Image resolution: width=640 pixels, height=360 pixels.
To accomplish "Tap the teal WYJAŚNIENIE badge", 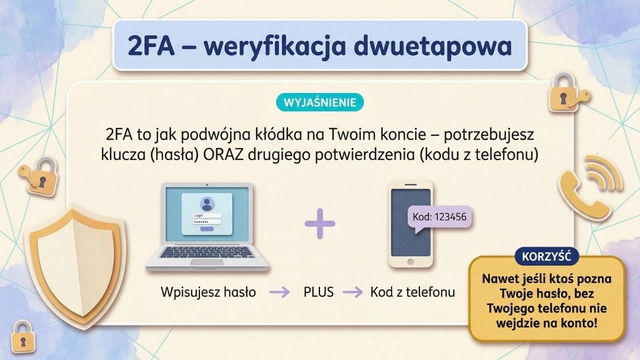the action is [x=319, y=102].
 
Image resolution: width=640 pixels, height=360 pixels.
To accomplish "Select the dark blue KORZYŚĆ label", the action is [x=546, y=256].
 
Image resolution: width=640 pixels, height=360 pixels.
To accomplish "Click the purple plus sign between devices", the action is [x=319, y=223].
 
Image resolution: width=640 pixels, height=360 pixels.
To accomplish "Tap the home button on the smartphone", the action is [x=410, y=261].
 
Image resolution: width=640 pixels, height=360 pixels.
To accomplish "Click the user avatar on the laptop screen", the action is [x=207, y=203].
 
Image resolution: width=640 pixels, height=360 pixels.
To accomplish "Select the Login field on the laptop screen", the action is [x=207, y=215].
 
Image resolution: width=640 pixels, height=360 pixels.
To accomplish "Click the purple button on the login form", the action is [x=207, y=229].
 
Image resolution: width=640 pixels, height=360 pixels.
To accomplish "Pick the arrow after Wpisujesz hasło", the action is [x=279, y=292].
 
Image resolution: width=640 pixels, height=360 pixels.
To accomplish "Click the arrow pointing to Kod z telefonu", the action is [x=353, y=292].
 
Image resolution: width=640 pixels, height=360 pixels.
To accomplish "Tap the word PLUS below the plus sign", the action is [x=318, y=292].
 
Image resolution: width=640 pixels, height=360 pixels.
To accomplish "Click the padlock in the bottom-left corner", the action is [x=23, y=336].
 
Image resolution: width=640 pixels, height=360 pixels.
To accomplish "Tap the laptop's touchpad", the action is [x=207, y=262].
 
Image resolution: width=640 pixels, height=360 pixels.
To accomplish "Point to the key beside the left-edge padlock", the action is [x=27, y=175].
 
